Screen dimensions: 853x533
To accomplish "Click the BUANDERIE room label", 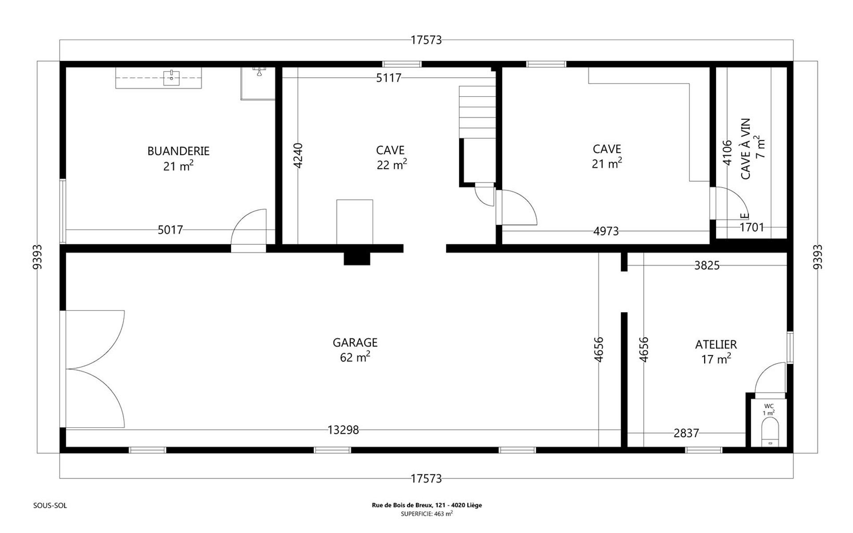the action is [x=178, y=151].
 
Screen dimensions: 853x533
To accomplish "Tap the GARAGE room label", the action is [x=355, y=342].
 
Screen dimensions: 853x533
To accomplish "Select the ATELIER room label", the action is [x=716, y=344].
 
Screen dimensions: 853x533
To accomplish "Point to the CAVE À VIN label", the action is [x=745, y=149].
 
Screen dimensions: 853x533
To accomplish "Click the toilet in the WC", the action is [x=770, y=434].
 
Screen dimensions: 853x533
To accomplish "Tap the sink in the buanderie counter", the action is [x=171, y=78].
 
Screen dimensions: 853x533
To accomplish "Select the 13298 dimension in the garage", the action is [x=343, y=430].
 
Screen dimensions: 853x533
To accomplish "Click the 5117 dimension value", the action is [x=389, y=78].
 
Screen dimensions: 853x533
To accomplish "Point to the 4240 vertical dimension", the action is [x=298, y=155].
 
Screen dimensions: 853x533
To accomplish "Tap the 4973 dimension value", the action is [x=606, y=231].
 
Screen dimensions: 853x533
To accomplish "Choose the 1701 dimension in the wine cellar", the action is [x=752, y=227].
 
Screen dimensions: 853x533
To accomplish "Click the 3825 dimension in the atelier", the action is [x=707, y=265].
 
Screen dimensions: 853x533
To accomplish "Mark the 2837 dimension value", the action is [x=686, y=433].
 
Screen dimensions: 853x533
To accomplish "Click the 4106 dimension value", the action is [x=727, y=153].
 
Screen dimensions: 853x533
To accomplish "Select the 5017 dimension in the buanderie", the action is [x=170, y=230].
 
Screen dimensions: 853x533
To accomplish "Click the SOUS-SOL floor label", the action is [x=50, y=505].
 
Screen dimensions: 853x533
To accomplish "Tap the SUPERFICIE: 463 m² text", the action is [x=426, y=513].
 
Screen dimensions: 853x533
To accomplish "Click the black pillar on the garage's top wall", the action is [x=357, y=259].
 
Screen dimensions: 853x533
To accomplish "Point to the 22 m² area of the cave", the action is [x=392, y=164].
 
